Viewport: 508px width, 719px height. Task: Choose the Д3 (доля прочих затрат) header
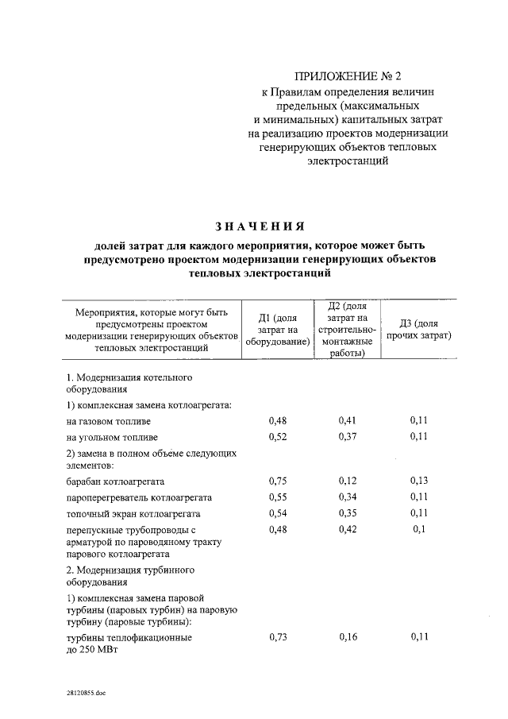[419, 330]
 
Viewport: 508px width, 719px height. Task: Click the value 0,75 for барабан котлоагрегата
[278, 481]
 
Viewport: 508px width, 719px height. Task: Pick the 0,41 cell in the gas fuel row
[348, 420]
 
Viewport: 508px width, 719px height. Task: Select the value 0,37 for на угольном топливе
[348, 437]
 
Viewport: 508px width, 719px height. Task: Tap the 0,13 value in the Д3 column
[419, 481]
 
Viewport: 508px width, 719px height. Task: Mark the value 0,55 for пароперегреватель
[278, 497]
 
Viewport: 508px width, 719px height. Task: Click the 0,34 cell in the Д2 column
[348, 497]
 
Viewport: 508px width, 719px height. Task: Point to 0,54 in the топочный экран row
[278, 513]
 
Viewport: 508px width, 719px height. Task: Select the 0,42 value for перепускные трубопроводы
[348, 529]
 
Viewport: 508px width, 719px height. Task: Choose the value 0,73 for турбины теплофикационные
[278, 636]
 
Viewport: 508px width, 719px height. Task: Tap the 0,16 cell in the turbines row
[348, 636]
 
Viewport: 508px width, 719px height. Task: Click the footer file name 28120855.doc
[86, 692]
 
